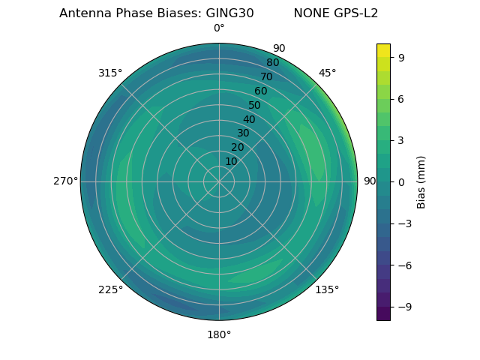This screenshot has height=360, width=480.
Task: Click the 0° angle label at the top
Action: (219, 28)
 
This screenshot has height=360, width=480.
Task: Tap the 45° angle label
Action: (328, 73)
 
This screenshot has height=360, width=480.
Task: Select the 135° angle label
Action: (327, 289)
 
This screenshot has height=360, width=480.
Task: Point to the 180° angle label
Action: (219, 334)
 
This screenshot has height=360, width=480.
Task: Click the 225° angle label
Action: (110, 289)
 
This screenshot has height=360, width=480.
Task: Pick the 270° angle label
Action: (65, 181)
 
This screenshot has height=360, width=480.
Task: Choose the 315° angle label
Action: (110, 73)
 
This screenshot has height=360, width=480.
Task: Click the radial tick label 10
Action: (231, 161)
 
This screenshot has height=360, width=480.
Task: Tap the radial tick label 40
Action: (249, 119)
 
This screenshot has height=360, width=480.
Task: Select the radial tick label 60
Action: (261, 91)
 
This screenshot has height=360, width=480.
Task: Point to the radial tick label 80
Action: (273, 62)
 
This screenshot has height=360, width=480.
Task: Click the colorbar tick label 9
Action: (402, 56)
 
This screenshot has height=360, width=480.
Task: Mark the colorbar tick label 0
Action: (402, 181)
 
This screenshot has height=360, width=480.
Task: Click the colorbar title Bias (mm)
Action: (421, 181)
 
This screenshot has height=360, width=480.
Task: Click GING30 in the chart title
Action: (225, 13)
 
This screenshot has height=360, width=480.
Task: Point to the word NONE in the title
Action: (311, 13)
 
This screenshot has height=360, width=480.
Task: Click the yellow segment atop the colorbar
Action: (383, 49)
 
